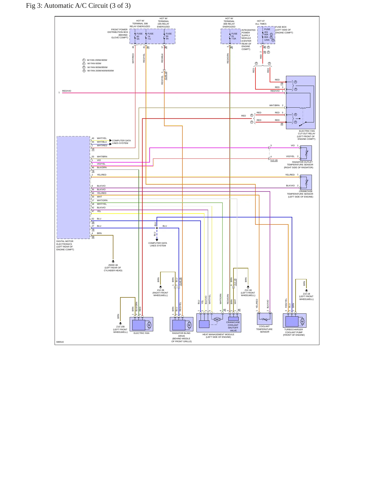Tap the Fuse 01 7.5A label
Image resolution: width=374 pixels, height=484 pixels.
click(234, 36)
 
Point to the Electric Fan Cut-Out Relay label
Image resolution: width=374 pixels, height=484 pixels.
click(306, 135)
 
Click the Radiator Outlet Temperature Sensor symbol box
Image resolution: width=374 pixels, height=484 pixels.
click(306, 153)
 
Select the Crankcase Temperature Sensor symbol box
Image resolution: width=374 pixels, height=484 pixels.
click(306, 182)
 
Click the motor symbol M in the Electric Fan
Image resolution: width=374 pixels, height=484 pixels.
click(149, 325)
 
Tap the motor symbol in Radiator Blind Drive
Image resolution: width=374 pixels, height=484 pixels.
click(189, 325)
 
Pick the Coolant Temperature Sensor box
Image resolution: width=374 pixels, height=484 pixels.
click(265, 319)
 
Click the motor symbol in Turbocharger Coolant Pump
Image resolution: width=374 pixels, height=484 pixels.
click(302, 321)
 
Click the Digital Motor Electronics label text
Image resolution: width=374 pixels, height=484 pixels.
click(65, 245)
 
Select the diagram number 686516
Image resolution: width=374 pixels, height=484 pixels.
click(60, 342)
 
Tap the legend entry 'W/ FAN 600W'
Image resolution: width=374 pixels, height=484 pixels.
click(94, 63)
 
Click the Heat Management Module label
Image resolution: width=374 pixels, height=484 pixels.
click(218, 336)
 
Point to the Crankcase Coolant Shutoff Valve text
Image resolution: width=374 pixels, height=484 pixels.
click(233, 326)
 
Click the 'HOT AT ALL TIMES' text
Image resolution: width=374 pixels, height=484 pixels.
click(261, 23)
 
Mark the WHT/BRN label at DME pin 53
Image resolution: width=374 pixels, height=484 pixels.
click(102, 157)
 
